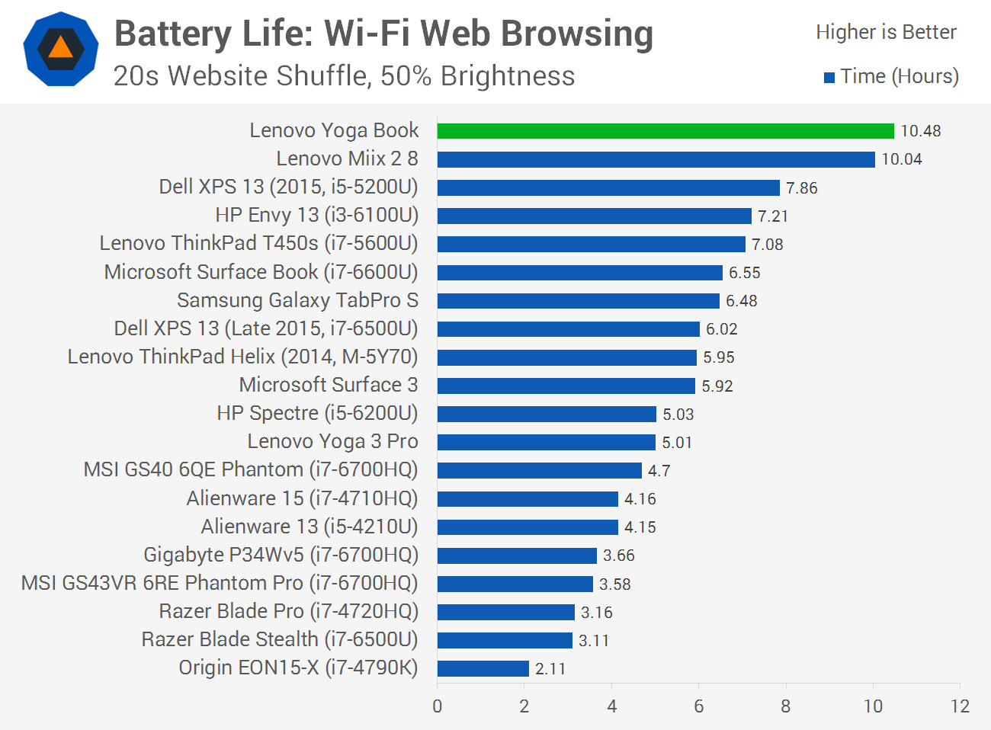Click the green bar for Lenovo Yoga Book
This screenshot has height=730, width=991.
(665, 131)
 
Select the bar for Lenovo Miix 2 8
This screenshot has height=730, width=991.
(656, 159)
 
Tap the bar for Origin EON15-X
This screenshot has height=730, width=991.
(483, 668)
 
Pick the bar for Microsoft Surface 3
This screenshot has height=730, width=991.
(566, 386)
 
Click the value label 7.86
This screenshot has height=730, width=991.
(801, 188)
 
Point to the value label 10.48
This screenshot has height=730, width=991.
(920, 131)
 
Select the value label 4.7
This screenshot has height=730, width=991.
(659, 471)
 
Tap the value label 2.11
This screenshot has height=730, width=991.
(550, 669)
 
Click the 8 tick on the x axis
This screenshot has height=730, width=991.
(785, 706)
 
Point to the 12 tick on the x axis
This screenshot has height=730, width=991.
(960, 706)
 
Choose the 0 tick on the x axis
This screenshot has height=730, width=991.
(438, 706)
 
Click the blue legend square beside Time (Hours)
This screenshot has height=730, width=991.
(829, 78)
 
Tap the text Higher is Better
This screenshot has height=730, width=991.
(885, 32)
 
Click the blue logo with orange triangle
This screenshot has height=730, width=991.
(61, 49)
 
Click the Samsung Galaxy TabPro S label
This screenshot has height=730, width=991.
(297, 300)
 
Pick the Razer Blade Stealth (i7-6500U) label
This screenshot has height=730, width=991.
(280, 639)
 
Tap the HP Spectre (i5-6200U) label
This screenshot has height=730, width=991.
(317, 413)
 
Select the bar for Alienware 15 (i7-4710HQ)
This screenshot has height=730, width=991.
(528, 499)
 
